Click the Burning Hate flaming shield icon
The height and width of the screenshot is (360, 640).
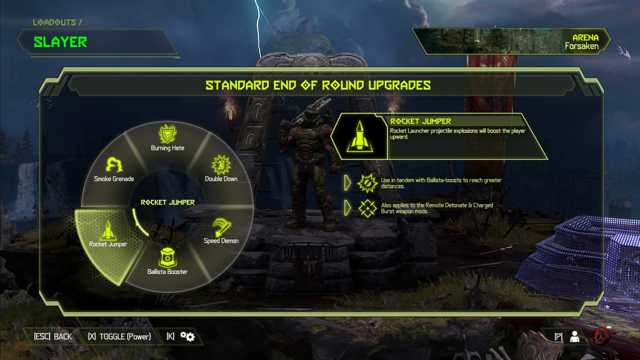coord(167,134)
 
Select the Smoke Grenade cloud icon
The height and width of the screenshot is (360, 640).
coord(114,165)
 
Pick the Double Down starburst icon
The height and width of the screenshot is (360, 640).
coord(221,165)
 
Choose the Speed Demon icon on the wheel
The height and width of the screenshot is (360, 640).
coord(221,227)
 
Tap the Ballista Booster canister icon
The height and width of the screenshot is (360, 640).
coord(168,258)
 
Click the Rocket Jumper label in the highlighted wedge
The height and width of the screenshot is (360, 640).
coord(108,244)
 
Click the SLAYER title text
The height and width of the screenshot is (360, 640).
coord(60,42)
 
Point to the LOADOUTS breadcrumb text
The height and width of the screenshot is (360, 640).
coord(54,22)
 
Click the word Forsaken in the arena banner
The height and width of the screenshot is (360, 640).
coord(582,46)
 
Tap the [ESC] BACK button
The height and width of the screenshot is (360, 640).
coord(53,337)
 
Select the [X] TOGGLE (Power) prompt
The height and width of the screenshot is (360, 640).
coord(119,337)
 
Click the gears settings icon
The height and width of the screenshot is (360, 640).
coord(188,336)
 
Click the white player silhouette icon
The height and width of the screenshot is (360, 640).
coord(574,337)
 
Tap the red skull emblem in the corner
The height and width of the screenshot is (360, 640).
coord(602,336)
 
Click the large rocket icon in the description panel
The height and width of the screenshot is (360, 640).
coord(360,137)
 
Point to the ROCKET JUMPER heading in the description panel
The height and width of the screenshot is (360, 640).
coord(420,121)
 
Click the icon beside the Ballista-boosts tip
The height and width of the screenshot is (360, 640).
coord(367,183)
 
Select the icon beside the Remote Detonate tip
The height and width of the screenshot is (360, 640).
coord(367,208)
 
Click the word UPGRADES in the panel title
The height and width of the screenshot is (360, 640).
coord(399,85)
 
